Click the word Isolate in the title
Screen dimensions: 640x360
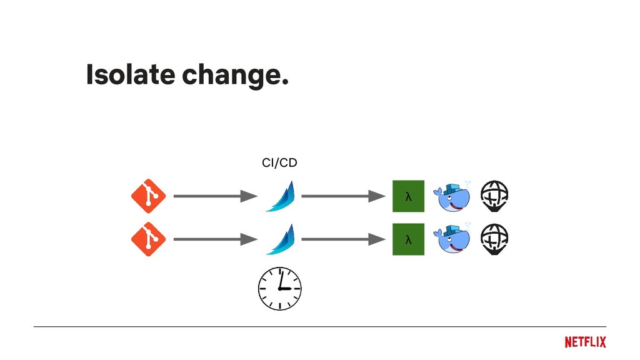tap(129, 75)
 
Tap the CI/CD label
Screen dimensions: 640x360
tap(279, 163)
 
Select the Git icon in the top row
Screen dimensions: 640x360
tap(148, 196)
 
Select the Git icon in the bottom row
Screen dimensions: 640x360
tap(148, 239)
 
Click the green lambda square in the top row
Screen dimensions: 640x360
tap(408, 196)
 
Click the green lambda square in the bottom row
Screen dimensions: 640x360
tap(408, 239)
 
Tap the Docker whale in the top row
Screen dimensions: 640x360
tap(452, 197)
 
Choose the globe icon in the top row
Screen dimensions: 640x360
tap(494, 196)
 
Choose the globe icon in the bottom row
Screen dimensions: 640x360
tap(494, 239)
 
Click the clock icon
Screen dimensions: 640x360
tap(280, 289)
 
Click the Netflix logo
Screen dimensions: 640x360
tap(585, 342)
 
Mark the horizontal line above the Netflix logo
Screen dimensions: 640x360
tap(319, 326)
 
